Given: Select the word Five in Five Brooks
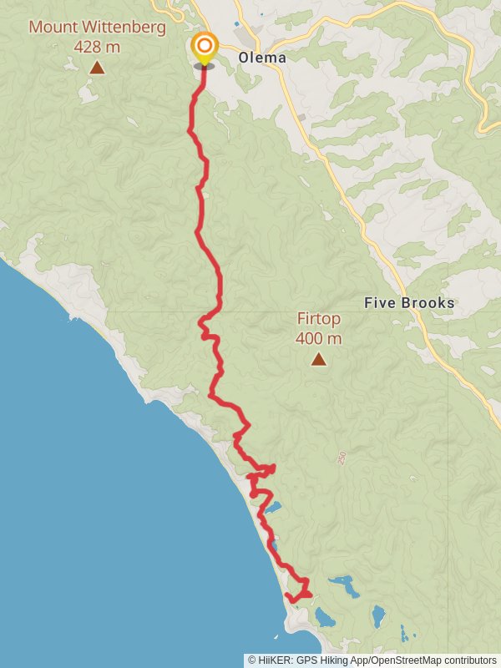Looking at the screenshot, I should (x=380, y=303).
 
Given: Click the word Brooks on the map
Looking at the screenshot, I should (x=428, y=303).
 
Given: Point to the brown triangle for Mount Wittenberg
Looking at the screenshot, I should (x=97, y=68).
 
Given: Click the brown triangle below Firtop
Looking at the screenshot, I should (x=318, y=359).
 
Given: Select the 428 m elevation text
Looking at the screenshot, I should (x=97, y=47).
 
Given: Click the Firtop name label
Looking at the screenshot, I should (x=318, y=319).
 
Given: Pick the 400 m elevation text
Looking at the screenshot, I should (x=318, y=338).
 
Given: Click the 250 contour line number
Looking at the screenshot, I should (x=342, y=458).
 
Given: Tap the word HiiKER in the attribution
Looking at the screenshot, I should (x=276, y=660).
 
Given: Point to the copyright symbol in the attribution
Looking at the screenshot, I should (x=252, y=660).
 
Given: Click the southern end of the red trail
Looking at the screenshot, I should (x=288, y=595).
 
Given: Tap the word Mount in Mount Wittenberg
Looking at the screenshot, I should (x=50, y=27).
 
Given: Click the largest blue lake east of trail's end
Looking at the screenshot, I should (x=344, y=586).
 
